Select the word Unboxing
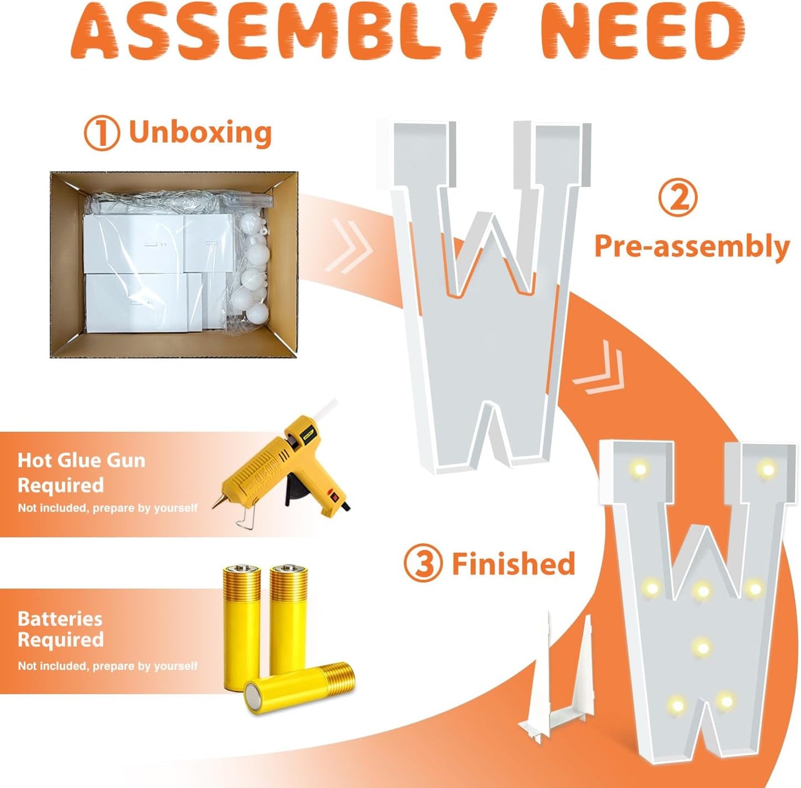[x=200, y=133]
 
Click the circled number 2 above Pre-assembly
[x=678, y=198]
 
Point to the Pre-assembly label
[x=692, y=247]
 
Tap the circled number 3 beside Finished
[x=422, y=564]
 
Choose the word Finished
[x=514, y=564]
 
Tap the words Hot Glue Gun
[x=81, y=461]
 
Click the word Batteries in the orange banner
[x=60, y=619]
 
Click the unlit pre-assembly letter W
[x=482, y=295]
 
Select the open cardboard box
[x=174, y=264]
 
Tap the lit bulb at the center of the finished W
[x=703, y=590]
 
